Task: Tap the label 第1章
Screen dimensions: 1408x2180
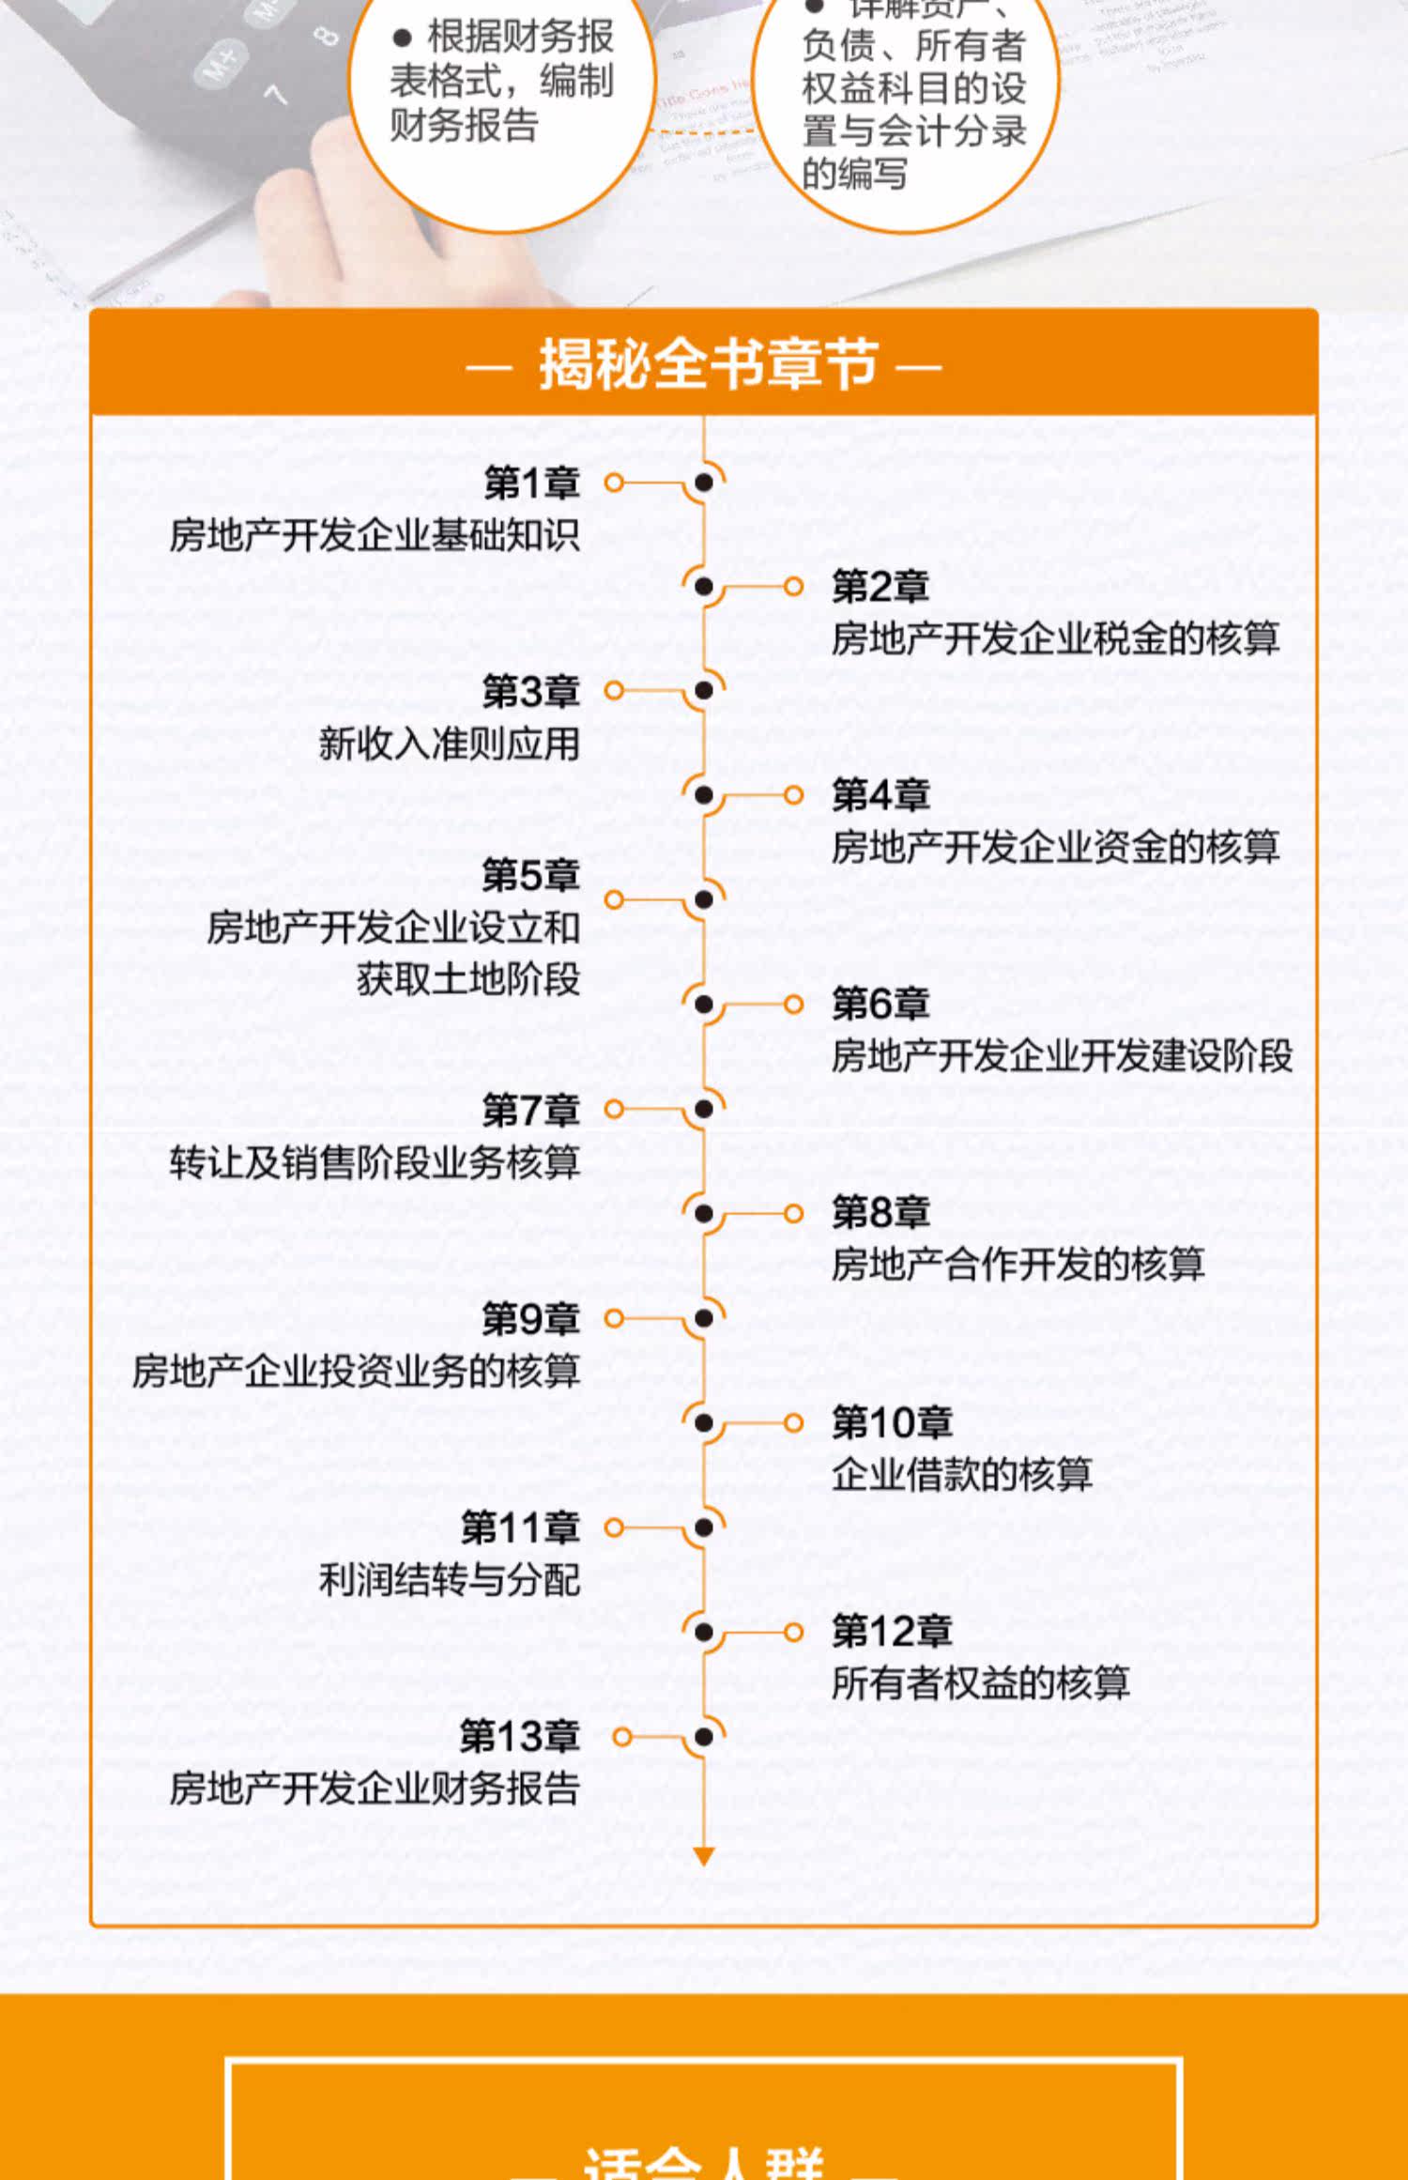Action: pos(531,484)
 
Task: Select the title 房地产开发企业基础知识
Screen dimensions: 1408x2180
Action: pos(375,535)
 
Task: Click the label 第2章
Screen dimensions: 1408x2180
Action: pos(880,587)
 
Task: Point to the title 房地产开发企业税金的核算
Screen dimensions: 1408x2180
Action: pos(1054,639)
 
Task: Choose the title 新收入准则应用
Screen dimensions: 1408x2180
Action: pos(449,744)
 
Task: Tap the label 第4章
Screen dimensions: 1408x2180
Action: pos(880,796)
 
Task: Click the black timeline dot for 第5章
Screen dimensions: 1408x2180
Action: pos(704,899)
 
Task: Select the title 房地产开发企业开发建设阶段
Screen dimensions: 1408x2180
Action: pos(1061,1056)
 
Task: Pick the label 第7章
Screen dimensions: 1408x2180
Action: pos(530,1110)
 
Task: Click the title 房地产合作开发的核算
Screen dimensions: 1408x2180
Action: pos(1017,1265)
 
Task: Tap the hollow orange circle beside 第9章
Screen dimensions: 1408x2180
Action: pos(614,1318)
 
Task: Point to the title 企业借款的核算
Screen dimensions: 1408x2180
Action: pos(961,1474)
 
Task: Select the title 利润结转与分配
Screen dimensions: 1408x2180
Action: pos(449,1580)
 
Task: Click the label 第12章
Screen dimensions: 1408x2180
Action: pos(891,1631)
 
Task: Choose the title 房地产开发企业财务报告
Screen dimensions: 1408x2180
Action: pos(375,1789)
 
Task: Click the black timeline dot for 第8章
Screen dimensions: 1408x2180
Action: pos(704,1213)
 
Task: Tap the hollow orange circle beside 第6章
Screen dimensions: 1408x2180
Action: pos(793,1005)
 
